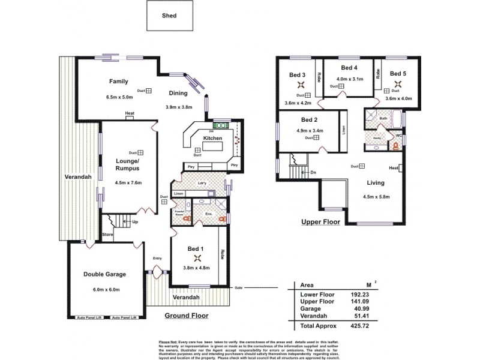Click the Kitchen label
[213, 138]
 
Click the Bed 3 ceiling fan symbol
[298, 85]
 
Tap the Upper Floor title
[320, 221]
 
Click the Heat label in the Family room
[129, 113]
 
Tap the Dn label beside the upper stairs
[313, 172]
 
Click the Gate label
[238, 287]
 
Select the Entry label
[157, 258]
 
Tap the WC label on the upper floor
[398, 136]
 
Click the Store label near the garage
[107, 235]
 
